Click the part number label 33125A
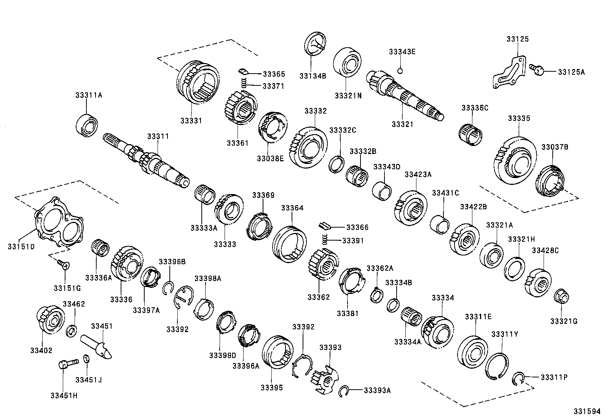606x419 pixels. click(571, 71)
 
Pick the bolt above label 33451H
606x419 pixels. click(67, 364)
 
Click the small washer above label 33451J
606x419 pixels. click(86, 359)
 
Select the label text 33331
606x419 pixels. click(191, 120)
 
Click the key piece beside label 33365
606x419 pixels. click(243, 71)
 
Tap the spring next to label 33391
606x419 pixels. click(325, 239)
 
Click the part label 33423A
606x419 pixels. click(418, 175)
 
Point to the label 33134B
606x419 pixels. click(313, 75)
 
